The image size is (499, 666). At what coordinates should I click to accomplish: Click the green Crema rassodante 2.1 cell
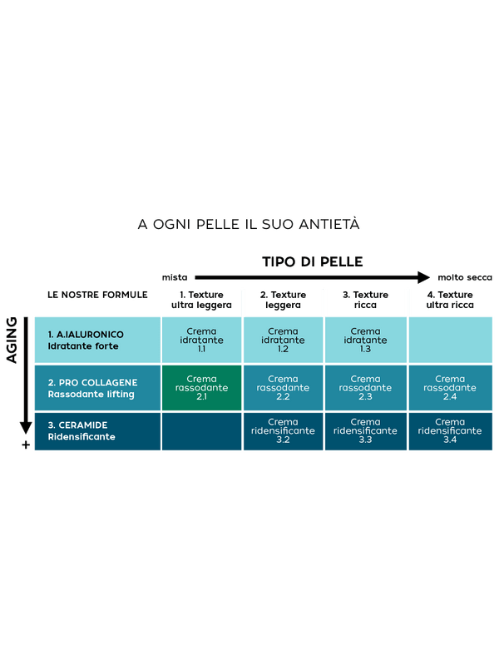coord(201,387)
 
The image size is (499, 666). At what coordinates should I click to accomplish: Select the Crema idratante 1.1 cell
coord(201,340)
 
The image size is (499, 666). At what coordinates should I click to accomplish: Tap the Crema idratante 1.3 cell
coord(365,340)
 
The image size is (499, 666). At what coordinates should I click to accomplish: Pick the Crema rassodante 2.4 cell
coord(450,387)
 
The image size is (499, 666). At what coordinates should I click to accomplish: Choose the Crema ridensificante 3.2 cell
coord(283,430)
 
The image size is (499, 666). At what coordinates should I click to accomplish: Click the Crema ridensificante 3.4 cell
coord(450,430)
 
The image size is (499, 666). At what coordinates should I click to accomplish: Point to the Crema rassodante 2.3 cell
coord(365,387)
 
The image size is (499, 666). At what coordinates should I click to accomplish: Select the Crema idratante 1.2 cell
coord(283,340)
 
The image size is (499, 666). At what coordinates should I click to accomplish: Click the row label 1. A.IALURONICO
coord(86,335)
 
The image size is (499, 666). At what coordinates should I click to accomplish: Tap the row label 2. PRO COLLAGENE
coord(92,382)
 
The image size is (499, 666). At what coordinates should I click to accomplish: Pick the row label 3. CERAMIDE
coord(77,425)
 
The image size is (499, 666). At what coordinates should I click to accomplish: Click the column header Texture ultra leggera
coord(201,300)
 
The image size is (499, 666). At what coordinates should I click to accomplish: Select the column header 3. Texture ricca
coord(365,300)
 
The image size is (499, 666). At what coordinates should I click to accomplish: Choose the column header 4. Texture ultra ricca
coord(450,300)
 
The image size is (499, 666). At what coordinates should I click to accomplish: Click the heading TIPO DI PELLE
coord(313,261)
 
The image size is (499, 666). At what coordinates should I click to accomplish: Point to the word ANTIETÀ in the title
coord(329,224)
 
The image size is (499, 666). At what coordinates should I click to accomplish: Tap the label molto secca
coord(465,277)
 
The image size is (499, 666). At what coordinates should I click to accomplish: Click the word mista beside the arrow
coord(175,277)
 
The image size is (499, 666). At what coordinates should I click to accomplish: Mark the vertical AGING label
coord(12,340)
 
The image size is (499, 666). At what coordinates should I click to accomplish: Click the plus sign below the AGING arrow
coord(26,445)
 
